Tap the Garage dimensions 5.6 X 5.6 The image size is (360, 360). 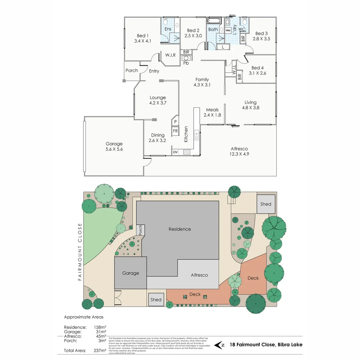pos(114,149)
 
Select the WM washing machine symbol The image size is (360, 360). pos(228,30)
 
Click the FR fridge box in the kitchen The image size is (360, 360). pos(175,131)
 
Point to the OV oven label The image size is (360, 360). pos(175,152)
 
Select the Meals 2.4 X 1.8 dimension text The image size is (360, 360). pos(212,115)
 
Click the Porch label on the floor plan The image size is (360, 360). pos(132,71)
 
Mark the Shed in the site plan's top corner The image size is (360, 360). pos(266,204)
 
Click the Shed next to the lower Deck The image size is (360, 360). pos(156,299)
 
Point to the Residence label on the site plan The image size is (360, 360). pos(180,229)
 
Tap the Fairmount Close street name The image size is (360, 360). pos(80,252)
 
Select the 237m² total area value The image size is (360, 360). pos(100,350)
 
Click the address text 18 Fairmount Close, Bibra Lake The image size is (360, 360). pos(266,345)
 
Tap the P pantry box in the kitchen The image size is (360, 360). pos(175,122)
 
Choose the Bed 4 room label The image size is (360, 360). pos(258,68)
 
